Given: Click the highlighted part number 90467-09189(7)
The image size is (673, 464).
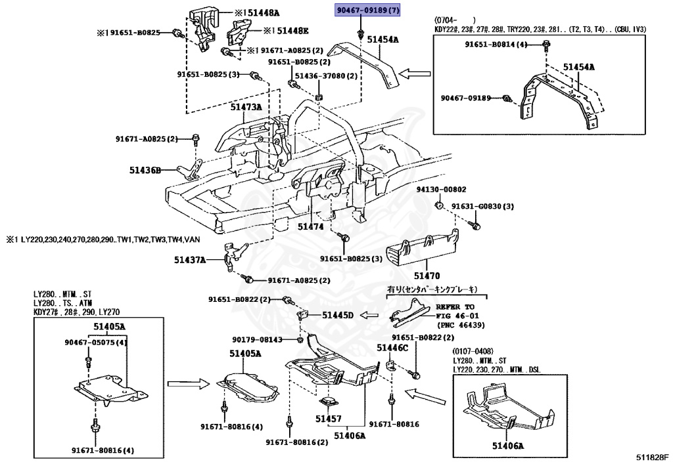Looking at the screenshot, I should point(367,11).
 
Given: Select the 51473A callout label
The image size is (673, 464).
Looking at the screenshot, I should point(246,106).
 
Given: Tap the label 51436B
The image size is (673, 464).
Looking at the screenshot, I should point(145,170).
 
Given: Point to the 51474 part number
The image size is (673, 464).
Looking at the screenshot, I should point(311,226).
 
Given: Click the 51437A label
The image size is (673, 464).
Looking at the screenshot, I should point(190,261).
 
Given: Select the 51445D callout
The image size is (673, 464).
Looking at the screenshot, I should point(338,316).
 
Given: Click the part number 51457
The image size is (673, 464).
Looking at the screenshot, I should point(328,418).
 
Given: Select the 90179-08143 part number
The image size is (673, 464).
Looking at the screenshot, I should point(257,339).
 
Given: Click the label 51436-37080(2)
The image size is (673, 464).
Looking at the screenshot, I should point(326,76).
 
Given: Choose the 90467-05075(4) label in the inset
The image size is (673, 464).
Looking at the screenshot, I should point(96,342).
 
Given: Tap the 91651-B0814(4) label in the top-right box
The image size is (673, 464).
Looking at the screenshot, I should point(496,45).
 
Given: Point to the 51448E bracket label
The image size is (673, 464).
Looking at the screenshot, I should point(290,30).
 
